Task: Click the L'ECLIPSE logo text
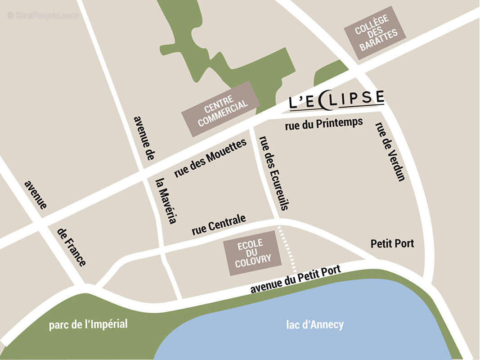pos(336,99)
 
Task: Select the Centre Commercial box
pos(220,108)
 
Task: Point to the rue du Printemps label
pos(324,124)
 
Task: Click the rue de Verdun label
pos(390,152)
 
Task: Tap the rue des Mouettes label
pos(211,158)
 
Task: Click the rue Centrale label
pos(219,225)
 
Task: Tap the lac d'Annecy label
pos(315,324)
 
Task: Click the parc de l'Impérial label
pos(88,324)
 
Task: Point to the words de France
pos(72,247)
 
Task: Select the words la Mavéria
pos(166,201)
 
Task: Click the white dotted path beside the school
pos(287,250)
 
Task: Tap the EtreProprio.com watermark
pos(43,16)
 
